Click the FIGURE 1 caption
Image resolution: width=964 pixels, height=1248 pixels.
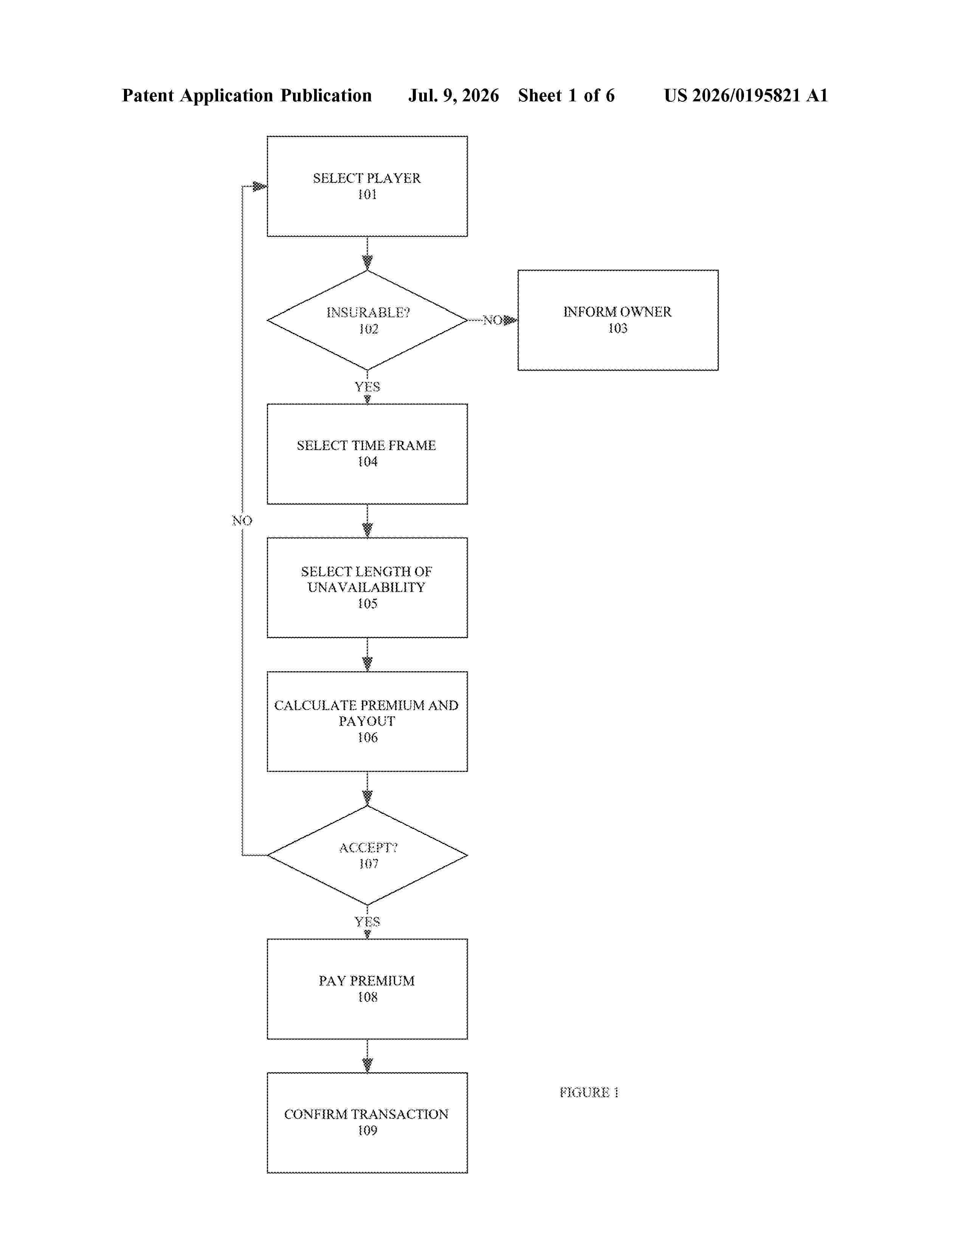(x=589, y=1092)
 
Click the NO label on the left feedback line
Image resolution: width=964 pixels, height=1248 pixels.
(x=242, y=521)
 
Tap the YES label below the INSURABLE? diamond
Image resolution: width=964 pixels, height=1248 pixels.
(x=367, y=387)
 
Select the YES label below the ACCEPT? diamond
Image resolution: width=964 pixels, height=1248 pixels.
(x=367, y=922)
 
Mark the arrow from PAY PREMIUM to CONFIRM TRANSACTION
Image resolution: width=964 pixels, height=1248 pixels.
(x=367, y=1056)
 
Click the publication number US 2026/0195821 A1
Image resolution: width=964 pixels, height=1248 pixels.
(x=746, y=95)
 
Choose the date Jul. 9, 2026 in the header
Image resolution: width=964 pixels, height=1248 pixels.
(x=453, y=95)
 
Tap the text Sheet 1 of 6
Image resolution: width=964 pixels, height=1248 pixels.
(x=567, y=95)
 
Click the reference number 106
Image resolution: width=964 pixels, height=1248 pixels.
(x=367, y=737)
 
